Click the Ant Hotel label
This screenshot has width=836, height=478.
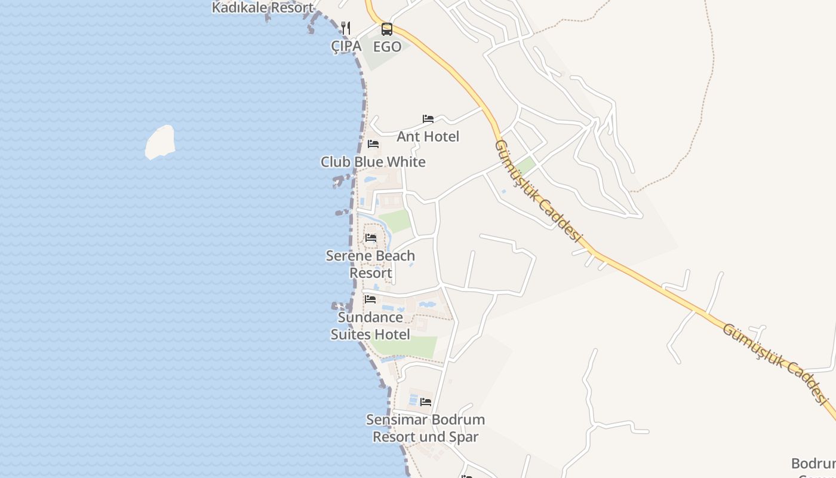coord(428,137)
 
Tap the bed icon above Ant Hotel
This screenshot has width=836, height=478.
coord(428,119)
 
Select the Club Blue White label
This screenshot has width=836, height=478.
coord(373,162)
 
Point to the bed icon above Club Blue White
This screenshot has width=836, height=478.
coord(373,144)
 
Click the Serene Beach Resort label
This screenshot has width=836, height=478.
coord(370,264)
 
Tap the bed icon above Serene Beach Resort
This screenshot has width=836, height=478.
coord(371,238)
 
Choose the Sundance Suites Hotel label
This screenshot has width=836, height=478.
coord(370,326)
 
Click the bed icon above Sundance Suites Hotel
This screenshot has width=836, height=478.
coord(370,299)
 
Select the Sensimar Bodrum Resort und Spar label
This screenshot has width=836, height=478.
coord(425,428)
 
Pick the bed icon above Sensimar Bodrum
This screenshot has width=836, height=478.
coord(426,402)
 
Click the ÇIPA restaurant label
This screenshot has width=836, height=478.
coord(346,46)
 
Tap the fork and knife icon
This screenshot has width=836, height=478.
coord(346,28)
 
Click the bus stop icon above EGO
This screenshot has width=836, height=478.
coord(387,29)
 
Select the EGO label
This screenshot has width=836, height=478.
coord(387,46)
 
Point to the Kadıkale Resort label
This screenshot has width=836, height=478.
coord(263,8)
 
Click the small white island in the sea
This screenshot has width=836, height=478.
coord(160,142)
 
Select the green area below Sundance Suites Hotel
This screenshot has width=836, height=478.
coord(412,347)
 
